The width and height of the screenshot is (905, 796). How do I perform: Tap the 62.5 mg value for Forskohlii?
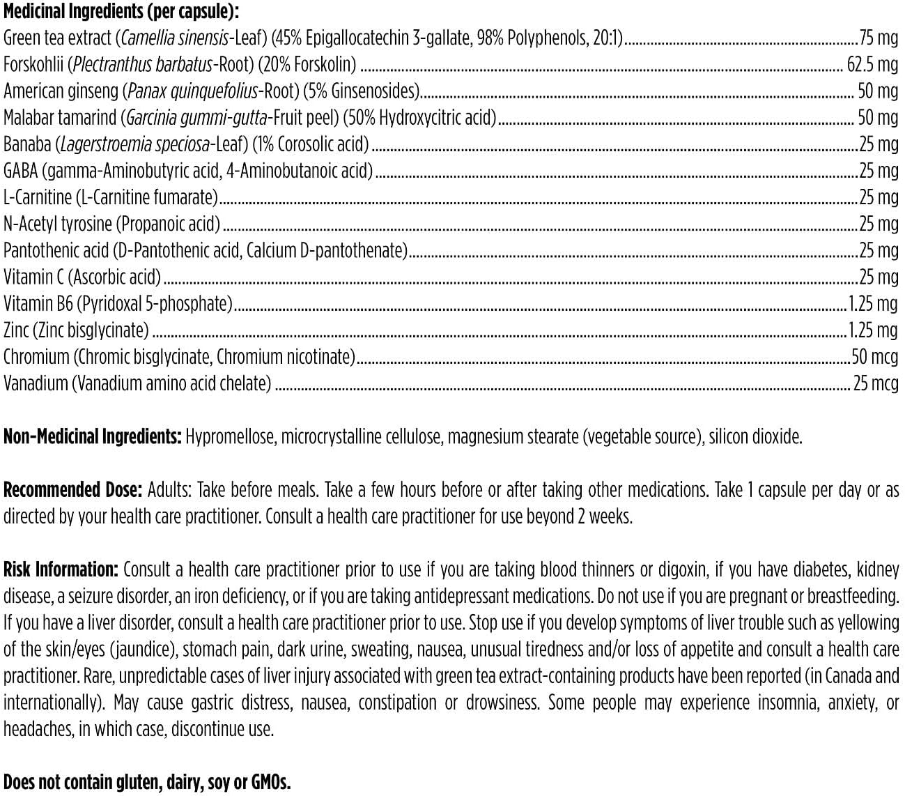[x=872, y=64]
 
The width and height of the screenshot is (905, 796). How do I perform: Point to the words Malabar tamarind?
[x=60, y=117]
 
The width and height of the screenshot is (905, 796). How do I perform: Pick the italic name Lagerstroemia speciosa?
[x=135, y=144]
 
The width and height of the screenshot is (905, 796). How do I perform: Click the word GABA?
[x=20, y=170]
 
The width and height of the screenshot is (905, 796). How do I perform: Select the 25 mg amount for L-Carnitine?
[x=878, y=197]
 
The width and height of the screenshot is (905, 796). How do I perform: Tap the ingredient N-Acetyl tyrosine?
[x=57, y=224]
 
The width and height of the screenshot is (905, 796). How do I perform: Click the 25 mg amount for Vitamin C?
[x=878, y=277]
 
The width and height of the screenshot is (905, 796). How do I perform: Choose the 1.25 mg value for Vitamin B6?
[x=872, y=303]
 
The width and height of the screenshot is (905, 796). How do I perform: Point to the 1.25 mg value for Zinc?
[x=872, y=330]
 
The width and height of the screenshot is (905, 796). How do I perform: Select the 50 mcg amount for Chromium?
[x=874, y=356]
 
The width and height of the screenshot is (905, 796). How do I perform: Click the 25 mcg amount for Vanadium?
[x=876, y=383]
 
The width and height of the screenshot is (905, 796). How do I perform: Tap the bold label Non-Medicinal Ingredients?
[x=93, y=436]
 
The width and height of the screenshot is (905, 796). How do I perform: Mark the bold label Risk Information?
[x=61, y=569]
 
